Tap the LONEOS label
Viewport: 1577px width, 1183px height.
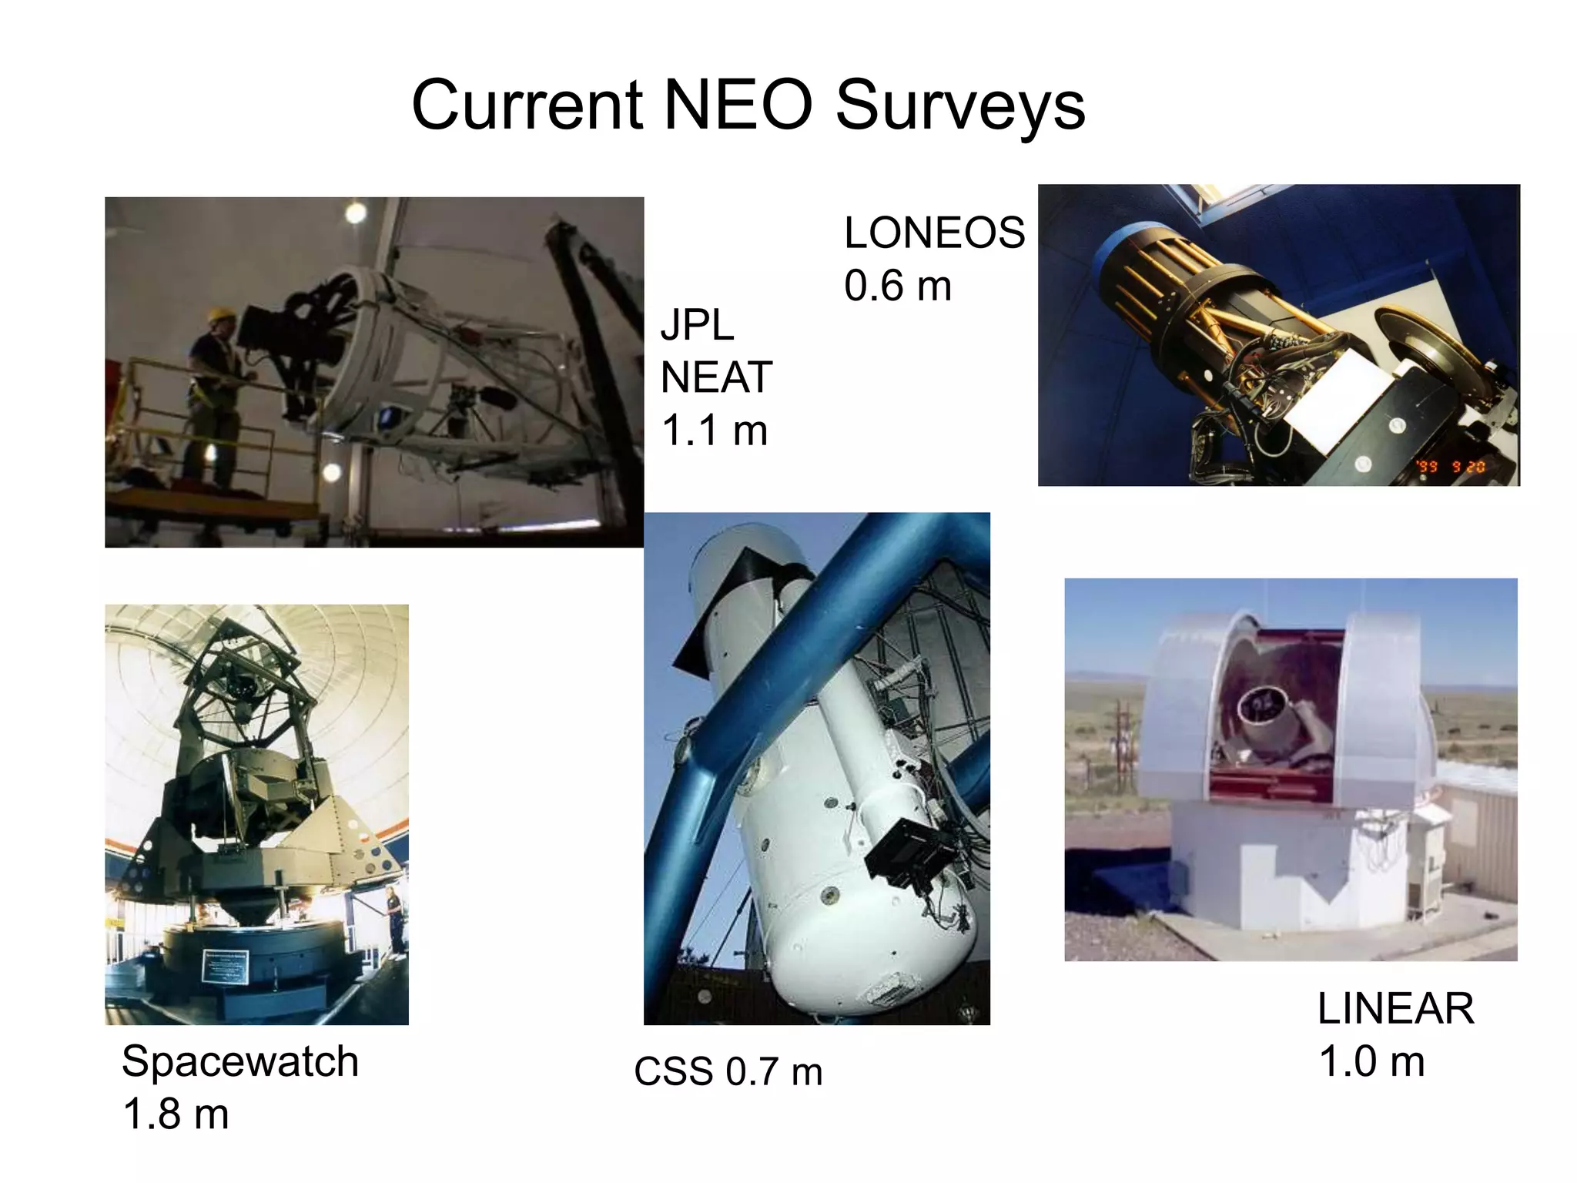click(934, 233)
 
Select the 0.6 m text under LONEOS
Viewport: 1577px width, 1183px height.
click(897, 286)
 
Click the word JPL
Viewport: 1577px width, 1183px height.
click(697, 324)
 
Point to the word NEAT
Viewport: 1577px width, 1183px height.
click(716, 377)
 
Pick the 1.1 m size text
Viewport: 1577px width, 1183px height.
click(715, 430)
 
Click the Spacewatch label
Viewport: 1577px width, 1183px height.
click(240, 1061)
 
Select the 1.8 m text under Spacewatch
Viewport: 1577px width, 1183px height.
click(176, 1114)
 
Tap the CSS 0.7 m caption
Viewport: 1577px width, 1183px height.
click(728, 1071)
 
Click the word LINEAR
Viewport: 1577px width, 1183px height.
click(1395, 1008)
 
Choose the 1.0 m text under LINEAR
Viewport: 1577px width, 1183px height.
click(1371, 1061)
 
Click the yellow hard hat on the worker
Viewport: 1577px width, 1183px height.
click(220, 316)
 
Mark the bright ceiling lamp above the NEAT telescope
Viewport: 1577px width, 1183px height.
click(355, 213)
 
